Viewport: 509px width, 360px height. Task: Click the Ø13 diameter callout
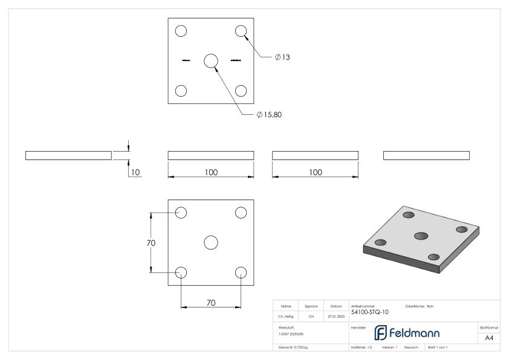coord(283,57)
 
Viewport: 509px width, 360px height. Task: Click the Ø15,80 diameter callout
coord(269,115)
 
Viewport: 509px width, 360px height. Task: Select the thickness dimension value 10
coord(135,172)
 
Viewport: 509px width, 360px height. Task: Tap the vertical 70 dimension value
coord(151,243)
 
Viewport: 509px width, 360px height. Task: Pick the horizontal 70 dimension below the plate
coord(211,303)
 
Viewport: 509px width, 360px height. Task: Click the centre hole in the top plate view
coord(210,60)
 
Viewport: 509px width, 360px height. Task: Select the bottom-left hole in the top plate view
coord(181,91)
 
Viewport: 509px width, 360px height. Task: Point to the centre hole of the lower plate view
coord(210,242)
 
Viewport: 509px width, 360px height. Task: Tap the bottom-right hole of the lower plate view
coord(241,272)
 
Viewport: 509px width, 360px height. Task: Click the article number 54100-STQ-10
coord(370,312)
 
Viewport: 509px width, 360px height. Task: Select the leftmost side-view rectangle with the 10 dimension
coord(68,156)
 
